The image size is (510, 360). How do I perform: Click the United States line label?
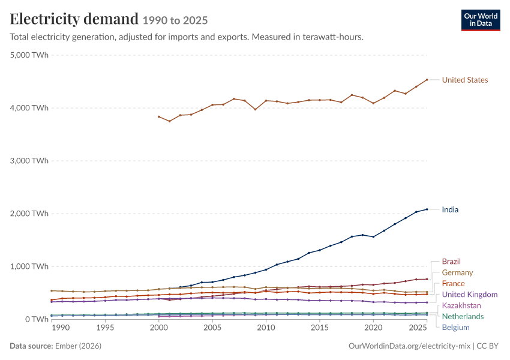[465, 80]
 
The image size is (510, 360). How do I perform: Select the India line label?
[450, 209]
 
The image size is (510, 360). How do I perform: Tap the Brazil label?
[451, 262]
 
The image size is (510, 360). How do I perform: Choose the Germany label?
[457, 272]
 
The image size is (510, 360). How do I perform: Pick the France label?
[453, 284]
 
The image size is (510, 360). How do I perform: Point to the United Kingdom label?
[470, 295]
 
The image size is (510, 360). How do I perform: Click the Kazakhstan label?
[461, 305]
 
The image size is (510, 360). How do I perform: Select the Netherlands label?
[463, 316]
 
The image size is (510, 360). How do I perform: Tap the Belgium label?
[455, 328]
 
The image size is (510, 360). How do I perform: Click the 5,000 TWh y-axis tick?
[29, 55]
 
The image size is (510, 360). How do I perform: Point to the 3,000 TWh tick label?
[29, 161]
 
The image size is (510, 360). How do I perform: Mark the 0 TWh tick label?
[37, 319]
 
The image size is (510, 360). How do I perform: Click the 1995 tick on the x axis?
[105, 328]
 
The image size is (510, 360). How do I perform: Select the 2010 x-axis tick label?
[266, 328]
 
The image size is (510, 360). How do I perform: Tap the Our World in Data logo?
[481, 20]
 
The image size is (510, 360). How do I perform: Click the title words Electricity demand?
[74, 19]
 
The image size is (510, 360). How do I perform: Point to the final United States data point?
[427, 80]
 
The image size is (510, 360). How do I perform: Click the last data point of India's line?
[427, 209]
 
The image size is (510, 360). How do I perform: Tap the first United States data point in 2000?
[159, 116]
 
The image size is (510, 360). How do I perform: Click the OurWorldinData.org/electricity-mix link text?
[409, 346]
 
